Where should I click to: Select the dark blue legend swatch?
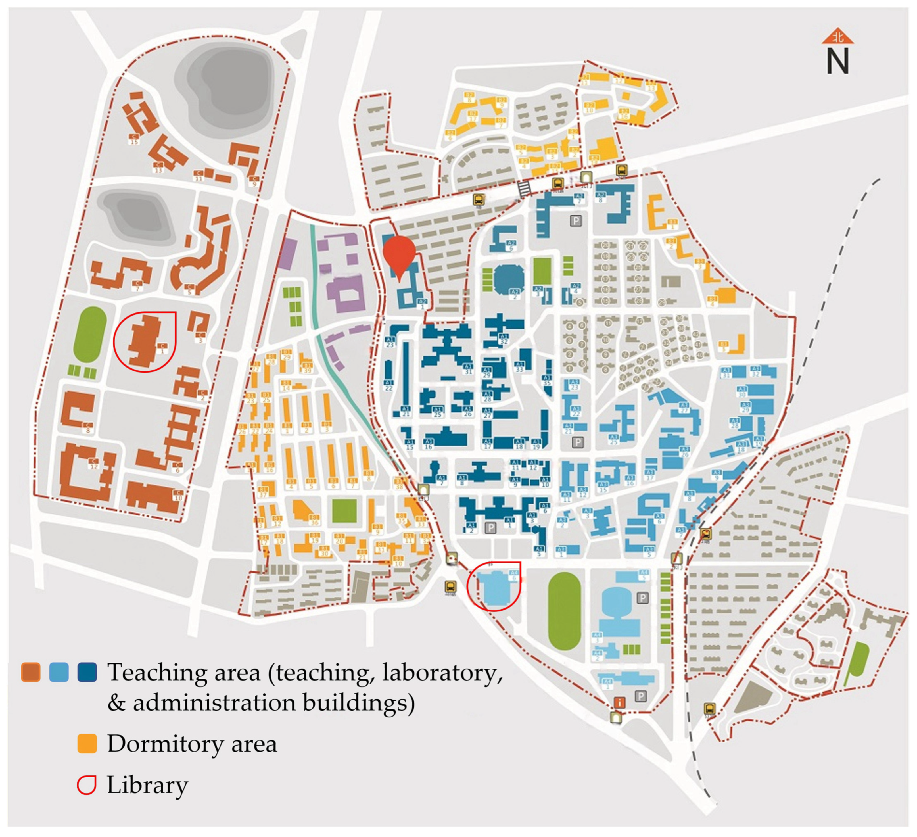point(87,672)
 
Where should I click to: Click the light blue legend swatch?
point(59,672)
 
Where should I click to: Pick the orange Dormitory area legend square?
point(87,743)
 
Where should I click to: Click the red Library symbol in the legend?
point(86,785)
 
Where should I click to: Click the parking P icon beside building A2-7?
point(576,221)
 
